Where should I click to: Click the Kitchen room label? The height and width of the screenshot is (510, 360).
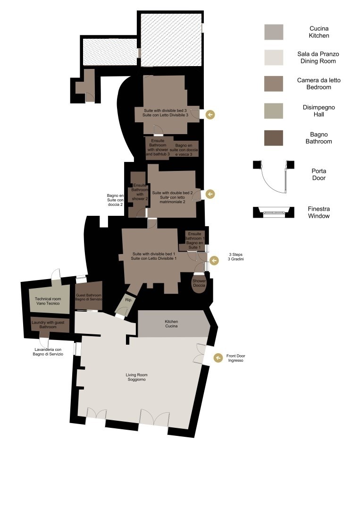coord(171,323)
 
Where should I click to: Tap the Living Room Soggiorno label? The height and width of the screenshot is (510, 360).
coord(136,377)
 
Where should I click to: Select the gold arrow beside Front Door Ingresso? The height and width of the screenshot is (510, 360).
coord(218,358)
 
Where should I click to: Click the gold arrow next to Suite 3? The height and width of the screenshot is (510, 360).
coord(210,114)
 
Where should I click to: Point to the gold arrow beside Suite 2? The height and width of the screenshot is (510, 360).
coord(210,194)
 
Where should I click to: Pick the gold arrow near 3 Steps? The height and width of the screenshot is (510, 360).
coord(214,261)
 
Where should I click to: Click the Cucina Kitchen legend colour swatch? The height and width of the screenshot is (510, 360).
coord(274,32)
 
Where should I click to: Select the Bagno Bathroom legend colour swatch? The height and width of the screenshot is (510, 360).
coord(274,138)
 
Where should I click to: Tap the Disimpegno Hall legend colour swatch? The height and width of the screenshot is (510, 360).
coord(274,111)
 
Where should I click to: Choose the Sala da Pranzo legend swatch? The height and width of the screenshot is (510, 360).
coord(274,58)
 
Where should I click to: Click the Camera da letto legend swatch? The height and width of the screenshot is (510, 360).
coord(274,84)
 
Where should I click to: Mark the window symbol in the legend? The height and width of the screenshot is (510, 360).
coord(274,212)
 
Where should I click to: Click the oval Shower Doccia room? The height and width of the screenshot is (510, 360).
coord(199,283)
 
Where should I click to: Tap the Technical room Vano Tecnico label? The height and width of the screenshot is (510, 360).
coord(48,301)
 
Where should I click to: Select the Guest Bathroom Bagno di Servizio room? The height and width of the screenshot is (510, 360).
coord(89,296)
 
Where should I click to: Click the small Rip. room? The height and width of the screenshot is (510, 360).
coord(125,304)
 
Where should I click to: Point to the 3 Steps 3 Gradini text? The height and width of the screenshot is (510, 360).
coord(235,257)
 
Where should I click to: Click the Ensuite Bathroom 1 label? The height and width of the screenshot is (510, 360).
coord(194,240)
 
